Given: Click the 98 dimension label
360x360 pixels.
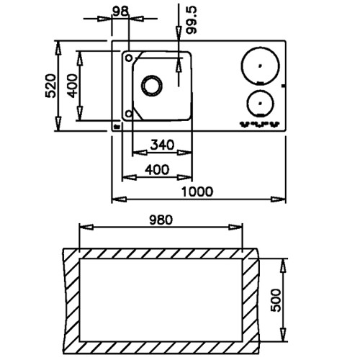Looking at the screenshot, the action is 120,11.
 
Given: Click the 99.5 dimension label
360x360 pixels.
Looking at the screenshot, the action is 192,20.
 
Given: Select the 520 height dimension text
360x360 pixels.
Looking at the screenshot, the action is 50,86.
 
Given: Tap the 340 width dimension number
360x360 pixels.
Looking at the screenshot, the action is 162,145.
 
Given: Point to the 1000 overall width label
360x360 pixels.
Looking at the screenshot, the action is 197,192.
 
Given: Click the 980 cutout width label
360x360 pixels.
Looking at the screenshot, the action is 161,220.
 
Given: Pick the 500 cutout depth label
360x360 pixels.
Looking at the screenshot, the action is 276,300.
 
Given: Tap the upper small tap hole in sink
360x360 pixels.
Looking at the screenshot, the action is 129,58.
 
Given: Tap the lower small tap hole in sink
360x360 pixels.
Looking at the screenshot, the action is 129,114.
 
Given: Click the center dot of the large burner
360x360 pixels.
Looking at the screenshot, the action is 260,66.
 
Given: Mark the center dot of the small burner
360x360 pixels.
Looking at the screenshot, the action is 260,104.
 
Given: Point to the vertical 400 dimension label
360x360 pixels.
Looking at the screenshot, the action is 73,86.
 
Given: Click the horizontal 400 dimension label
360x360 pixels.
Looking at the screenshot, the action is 157,170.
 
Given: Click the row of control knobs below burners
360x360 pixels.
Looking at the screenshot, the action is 260,124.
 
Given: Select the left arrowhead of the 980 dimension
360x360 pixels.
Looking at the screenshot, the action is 86,227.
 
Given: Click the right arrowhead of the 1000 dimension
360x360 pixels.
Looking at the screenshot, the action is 278,199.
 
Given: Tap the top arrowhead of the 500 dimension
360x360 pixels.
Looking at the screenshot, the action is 284,266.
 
